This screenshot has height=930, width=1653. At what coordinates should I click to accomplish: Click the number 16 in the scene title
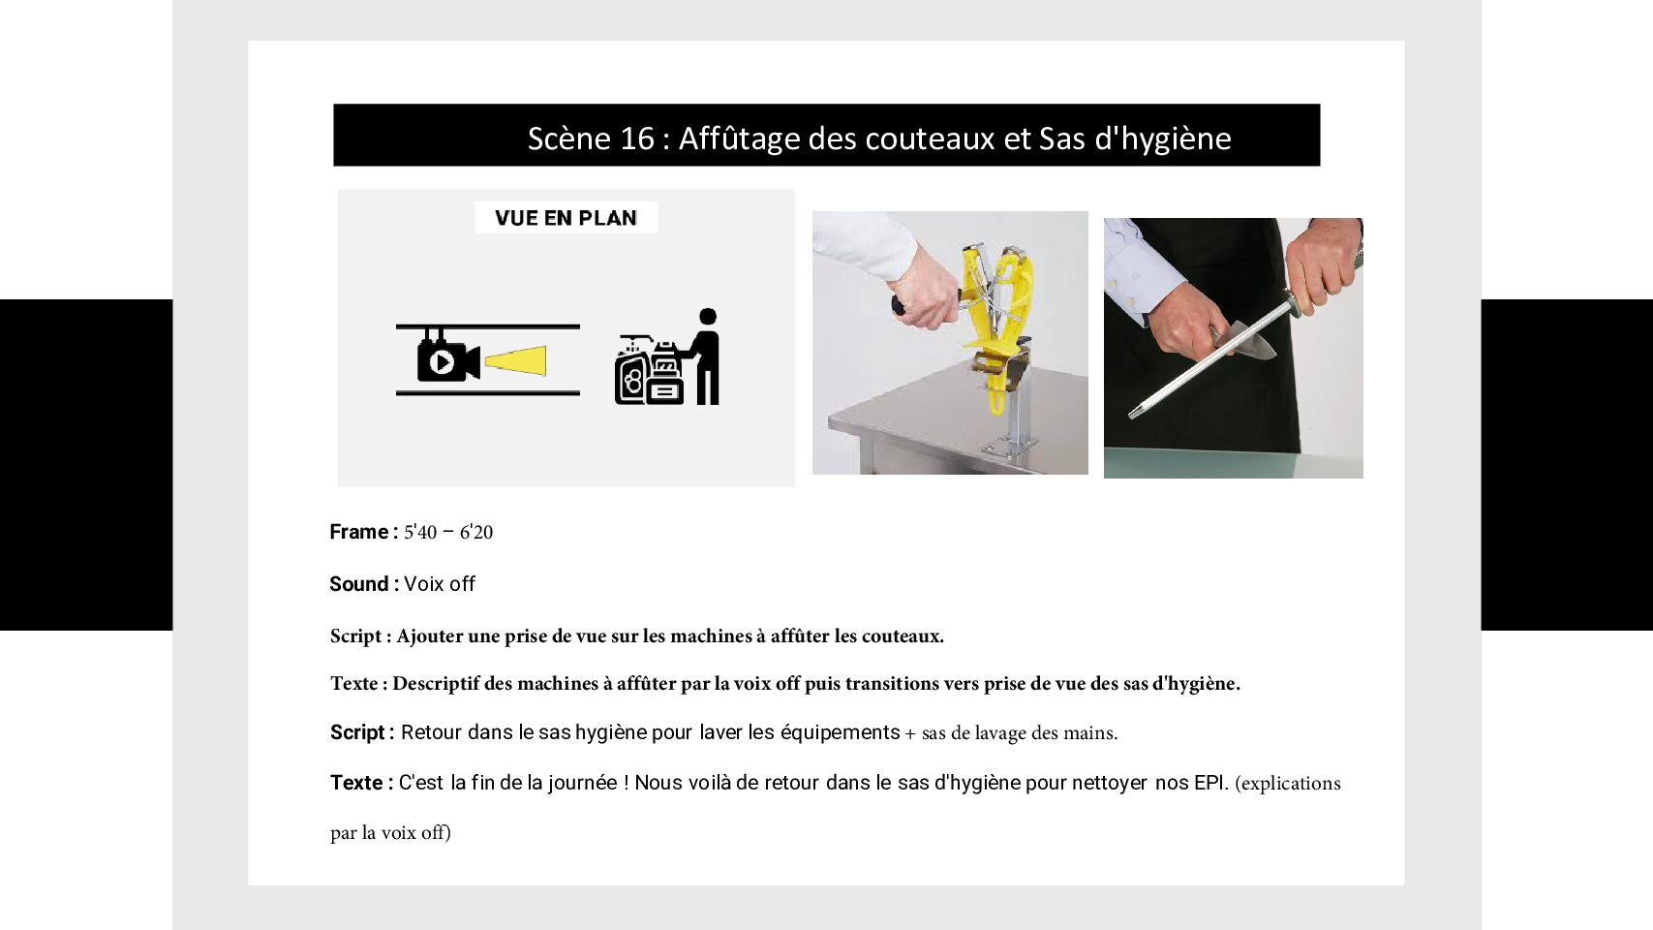tap(637, 139)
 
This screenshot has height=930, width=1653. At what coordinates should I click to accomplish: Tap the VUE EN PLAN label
tap(566, 218)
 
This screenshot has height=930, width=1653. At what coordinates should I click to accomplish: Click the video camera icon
tap(448, 357)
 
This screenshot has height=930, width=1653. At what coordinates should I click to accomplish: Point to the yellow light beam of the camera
tap(516, 361)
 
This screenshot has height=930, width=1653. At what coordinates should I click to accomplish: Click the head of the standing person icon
tap(708, 317)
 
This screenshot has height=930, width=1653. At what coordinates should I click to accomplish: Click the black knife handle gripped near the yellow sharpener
tap(898, 304)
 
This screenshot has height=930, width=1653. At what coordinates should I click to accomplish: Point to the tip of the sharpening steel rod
tap(1132, 415)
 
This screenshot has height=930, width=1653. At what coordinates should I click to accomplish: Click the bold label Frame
tap(358, 532)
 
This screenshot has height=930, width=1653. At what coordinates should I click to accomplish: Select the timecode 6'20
tap(476, 532)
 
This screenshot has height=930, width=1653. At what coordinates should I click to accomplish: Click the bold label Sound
tap(358, 584)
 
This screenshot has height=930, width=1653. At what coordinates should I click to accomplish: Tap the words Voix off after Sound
tap(439, 584)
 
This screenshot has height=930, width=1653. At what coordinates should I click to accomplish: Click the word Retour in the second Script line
tap(431, 732)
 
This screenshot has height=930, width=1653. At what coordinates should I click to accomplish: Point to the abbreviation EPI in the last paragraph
tap(1211, 783)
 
